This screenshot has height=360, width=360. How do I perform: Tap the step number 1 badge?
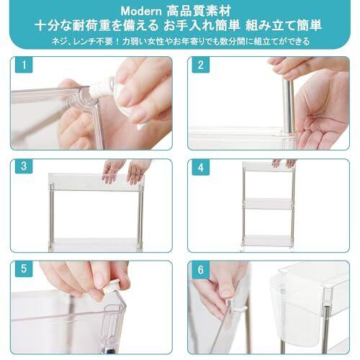click(24, 65)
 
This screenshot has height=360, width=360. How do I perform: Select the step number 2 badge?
click(201, 65)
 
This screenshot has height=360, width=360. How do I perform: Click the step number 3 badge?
click(24, 166)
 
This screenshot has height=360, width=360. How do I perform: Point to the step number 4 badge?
click(201, 167)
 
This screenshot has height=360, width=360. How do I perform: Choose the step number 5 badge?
click(24, 269)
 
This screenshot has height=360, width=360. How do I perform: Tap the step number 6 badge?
click(201, 270)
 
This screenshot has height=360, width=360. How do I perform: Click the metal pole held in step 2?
click(289, 106)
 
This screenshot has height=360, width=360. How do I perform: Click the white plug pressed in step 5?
click(111, 286)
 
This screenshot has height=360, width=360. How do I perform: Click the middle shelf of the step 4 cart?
click(268, 204)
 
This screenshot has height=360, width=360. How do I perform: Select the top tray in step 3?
click(96, 181)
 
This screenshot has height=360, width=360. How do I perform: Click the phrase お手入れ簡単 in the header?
click(202, 25)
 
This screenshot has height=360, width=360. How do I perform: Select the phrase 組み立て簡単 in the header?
click(284, 25)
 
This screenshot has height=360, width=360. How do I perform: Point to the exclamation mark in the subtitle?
click(117, 42)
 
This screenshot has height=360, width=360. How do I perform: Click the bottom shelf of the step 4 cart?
click(268, 240)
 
